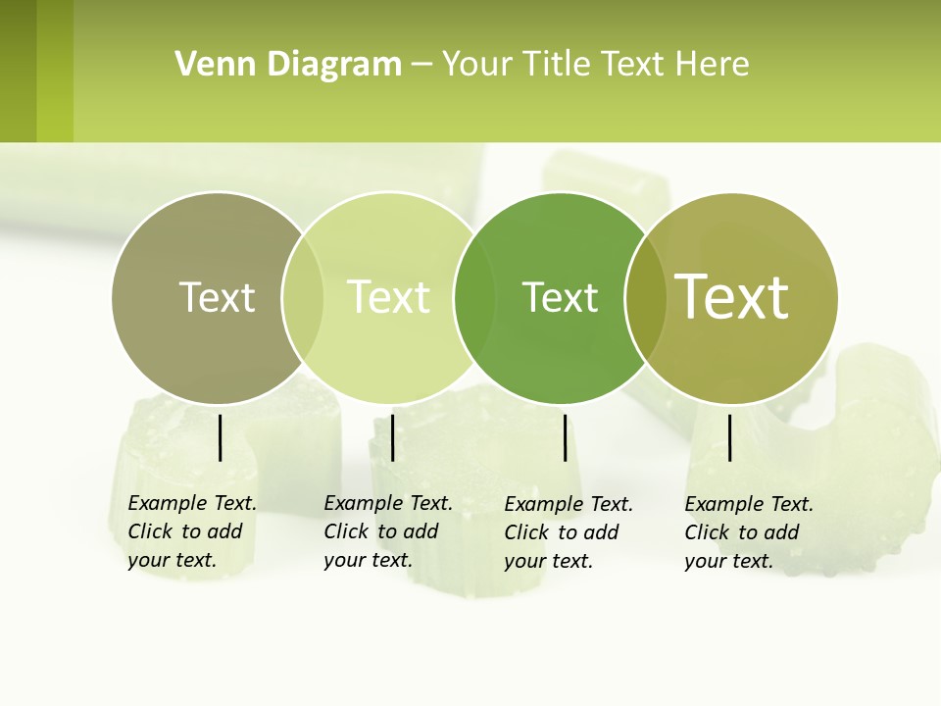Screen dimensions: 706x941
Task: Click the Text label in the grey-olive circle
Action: click(217, 297)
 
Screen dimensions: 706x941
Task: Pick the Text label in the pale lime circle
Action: click(388, 297)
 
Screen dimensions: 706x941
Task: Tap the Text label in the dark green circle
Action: click(560, 297)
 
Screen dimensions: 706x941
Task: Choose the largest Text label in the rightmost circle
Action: click(731, 297)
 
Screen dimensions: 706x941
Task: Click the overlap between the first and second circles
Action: click(303, 298)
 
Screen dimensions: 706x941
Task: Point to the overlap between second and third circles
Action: click(474, 298)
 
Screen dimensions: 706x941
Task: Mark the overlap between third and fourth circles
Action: click(645, 298)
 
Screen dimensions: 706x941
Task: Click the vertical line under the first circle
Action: click(221, 437)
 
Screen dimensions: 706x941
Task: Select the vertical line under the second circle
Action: click(392, 437)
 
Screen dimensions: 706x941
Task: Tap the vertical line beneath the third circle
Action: click(565, 437)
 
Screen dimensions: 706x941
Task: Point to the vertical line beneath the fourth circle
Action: click(729, 437)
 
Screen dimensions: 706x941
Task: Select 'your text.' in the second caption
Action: click(368, 561)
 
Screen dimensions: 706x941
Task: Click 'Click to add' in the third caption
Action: click(562, 532)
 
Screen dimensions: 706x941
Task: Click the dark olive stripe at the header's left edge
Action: click(18, 71)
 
